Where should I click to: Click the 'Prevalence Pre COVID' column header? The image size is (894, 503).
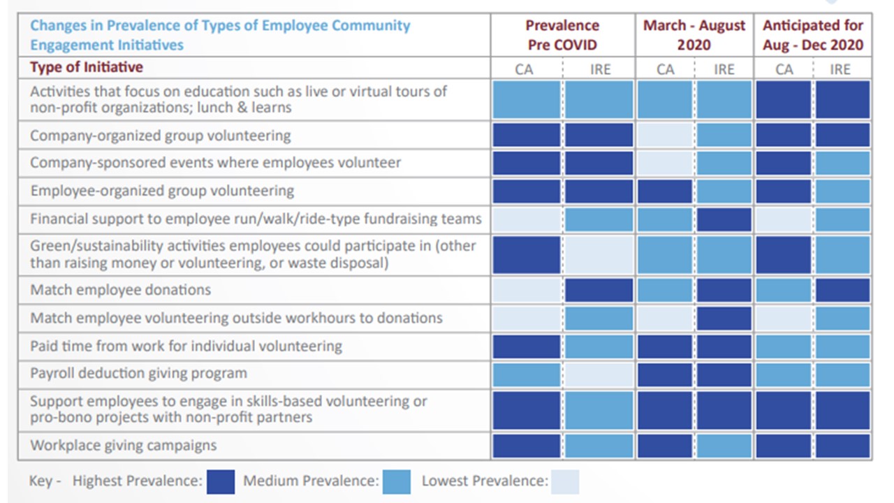(x=562, y=35)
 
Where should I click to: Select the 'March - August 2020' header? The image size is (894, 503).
(x=694, y=35)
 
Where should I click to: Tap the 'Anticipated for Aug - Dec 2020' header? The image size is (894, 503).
(x=813, y=35)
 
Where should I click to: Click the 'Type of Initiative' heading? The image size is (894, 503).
(x=86, y=68)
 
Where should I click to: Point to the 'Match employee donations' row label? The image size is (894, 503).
(x=120, y=290)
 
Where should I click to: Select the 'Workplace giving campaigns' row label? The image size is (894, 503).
(x=123, y=446)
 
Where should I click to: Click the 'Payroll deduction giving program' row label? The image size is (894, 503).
(x=138, y=373)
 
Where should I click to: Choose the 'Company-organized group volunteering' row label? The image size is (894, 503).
(x=160, y=136)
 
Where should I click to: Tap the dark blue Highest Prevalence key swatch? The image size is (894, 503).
(x=221, y=481)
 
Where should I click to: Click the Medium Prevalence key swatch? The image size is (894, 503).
(x=397, y=481)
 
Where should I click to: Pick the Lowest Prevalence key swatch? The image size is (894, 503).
(x=565, y=481)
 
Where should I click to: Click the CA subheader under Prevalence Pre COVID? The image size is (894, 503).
(x=524, y=69)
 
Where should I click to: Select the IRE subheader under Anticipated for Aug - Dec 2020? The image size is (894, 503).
(x=840, y=69)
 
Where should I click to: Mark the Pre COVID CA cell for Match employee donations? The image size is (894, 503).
(x=527, y=290)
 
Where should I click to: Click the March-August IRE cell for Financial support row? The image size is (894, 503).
(x=724, y=219)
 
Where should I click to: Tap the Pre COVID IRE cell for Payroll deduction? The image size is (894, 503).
(x=599, y=374)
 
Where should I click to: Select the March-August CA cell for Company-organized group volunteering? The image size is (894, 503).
(x=664, y=136)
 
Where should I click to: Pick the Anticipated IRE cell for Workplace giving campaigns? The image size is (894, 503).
(x=843, y=446)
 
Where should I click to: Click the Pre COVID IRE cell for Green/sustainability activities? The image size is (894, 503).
(x=599, y=255)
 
